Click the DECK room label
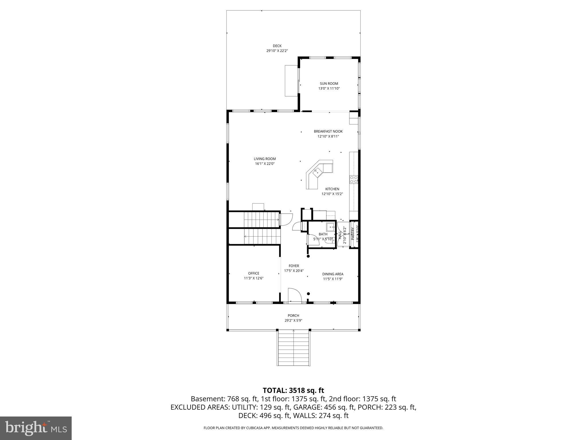tap(277, 46)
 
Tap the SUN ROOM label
tap(329, 84)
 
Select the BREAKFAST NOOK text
tap(328, 131)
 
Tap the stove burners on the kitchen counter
tap(354, 180)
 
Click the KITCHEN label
tap(332, 189)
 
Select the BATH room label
tap(323, 234)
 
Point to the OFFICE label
tap(253, 273)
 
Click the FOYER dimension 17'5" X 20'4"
tap(293, 271)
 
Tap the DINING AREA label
tap(332, 274)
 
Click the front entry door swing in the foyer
tap(294, 295)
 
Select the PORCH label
tap(293, 316)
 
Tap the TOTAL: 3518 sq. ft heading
tap(293, 390)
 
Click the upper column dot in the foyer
tap(308, 256)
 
